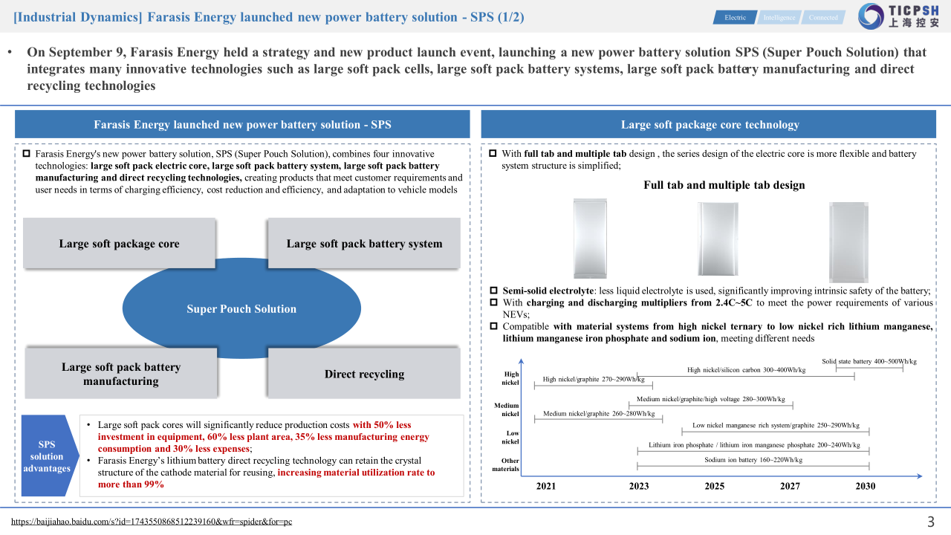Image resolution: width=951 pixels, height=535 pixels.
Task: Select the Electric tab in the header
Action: (736, 17)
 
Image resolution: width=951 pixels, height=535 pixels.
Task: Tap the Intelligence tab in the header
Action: (779, 17)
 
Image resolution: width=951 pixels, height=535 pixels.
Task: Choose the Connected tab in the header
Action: (823, 17)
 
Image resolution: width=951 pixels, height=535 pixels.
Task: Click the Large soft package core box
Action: (119, 244)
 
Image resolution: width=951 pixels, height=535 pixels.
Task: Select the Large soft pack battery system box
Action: (364, 244)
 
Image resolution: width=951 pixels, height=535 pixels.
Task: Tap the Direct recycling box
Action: (364, 374)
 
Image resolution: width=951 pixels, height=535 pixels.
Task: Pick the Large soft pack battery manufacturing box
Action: (120, 374)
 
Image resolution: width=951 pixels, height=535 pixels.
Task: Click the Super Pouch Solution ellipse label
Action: (241, 309)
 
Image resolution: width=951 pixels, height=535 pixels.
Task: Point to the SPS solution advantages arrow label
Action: (47, 456)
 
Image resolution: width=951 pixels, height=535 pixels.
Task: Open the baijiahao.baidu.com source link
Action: (152, 522)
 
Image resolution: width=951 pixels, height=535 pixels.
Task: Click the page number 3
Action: (930, 521)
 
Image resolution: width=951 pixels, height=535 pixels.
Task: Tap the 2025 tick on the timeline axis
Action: (714, 486)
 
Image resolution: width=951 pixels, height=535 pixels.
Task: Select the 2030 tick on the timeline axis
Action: (865, 486)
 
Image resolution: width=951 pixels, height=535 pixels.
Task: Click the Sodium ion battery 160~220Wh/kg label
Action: (753, 460)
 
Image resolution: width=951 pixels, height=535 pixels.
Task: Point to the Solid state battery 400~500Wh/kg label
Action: (869, 361)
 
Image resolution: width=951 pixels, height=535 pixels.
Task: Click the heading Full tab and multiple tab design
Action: (724, 185)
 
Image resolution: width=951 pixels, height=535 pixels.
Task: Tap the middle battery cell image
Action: (718, 239)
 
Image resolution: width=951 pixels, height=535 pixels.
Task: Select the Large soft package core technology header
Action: (710, 124)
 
